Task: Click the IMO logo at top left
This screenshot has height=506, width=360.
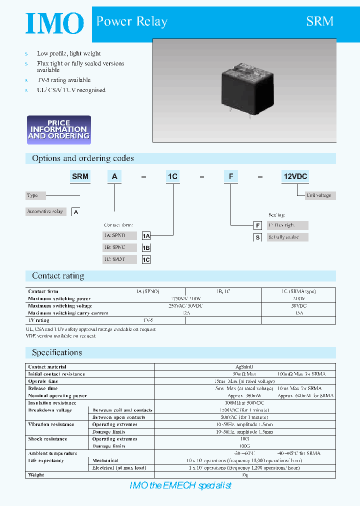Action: click(54, 23)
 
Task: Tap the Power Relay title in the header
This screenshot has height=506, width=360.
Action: click(131, 21)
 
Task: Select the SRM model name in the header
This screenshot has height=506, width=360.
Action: click(319, 21)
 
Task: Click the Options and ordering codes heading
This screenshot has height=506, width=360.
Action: click(83, 158)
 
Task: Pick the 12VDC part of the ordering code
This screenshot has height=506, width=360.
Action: click(295, 176)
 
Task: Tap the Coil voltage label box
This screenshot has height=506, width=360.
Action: click(318, 195)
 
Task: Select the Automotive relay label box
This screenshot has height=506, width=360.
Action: click(45, 211)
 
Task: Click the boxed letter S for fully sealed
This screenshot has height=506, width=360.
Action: click(258, 238)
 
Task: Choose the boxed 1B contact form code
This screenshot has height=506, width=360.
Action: click(146, 247)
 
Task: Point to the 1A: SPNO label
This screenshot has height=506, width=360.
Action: click(114, 235)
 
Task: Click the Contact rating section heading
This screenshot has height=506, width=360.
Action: click(58, 276)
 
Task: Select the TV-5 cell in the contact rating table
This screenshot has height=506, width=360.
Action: click(148, 320)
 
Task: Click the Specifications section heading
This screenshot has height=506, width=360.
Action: click(57, 352)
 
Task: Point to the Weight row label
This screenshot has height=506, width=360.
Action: click(36, 475)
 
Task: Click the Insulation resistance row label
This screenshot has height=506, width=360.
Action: click(52, 402)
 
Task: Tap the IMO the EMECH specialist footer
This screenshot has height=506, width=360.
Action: click(180, 485)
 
